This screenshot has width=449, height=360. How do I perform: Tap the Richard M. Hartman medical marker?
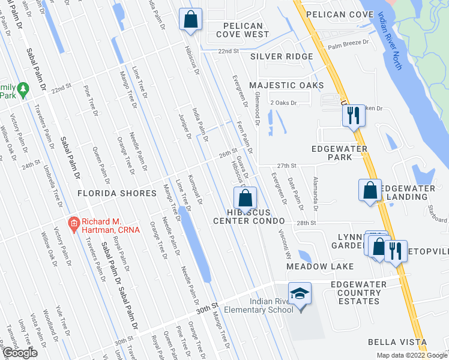point(74,225)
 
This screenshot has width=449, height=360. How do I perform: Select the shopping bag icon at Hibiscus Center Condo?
point(246,198)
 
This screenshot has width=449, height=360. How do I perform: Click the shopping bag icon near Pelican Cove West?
point(190,19)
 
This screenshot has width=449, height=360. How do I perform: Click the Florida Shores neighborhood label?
point(116,193)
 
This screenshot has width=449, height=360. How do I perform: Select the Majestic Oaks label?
point(286,86)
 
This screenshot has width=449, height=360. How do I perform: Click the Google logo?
point(19,353)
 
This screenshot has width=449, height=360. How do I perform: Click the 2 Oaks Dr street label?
point(283,103)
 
